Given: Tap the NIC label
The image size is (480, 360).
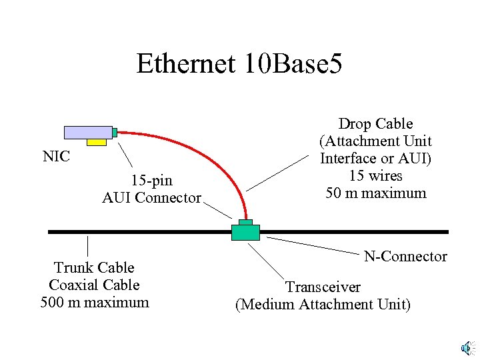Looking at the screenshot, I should point(56,157).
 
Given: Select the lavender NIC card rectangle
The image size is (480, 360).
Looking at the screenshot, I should point(88,132).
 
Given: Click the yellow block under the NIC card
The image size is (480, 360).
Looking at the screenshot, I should point(97,142).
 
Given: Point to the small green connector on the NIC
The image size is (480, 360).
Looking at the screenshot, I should point(115,133).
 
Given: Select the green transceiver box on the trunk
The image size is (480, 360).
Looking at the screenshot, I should point(245,232).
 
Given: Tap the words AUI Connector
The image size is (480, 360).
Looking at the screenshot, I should point(151,197).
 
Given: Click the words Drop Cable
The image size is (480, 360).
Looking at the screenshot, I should point(375,124).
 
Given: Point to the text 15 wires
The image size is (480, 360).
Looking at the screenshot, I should point(375,176).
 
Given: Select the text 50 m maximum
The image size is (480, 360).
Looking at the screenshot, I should point(375,193).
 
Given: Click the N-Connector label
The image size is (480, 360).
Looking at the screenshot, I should point(405,256).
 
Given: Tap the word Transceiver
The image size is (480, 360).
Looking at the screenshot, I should point(323,287).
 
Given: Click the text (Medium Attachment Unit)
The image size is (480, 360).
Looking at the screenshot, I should point(323,305).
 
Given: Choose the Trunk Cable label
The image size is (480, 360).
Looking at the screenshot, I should point(94,267).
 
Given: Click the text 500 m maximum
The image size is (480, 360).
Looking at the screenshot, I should point(94,302).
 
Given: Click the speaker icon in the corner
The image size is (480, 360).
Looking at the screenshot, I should point(467,347).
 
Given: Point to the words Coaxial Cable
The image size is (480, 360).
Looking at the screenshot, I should point(94,285).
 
